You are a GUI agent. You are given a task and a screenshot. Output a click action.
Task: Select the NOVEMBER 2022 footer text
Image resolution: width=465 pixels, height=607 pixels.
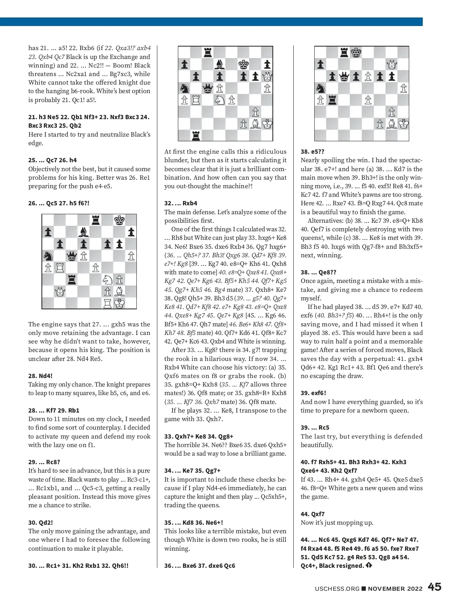click(395, 588)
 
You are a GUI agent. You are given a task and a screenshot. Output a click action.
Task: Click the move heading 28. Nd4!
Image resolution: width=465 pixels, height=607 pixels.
click(40, 376)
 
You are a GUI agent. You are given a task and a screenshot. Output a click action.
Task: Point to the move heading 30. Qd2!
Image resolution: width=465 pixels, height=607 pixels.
click(41, 522)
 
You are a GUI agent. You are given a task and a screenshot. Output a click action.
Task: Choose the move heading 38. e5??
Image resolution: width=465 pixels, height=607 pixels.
click(312, 152)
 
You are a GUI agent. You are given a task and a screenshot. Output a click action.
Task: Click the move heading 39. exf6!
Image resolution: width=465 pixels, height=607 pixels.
click(313, 393)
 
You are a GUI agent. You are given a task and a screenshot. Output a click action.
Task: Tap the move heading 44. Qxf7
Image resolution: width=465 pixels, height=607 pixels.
click(313, 514)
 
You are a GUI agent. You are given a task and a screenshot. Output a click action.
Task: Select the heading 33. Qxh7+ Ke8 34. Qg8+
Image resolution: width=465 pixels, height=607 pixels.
click(199, 436)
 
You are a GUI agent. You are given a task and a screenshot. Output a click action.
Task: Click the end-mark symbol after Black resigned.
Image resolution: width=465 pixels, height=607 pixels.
click(369, 565)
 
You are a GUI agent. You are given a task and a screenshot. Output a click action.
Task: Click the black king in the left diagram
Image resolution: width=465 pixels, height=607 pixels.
click(119, 220)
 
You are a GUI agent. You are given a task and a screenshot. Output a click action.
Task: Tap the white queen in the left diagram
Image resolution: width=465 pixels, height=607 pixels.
click(60, 291)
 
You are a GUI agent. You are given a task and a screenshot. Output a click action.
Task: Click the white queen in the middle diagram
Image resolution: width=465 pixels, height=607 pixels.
click(267, 76)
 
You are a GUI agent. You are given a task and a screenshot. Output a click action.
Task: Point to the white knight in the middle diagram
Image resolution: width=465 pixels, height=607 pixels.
click(220, 100)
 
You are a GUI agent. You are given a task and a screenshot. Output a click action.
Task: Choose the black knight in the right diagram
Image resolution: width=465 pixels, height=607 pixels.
click(320, 88)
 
